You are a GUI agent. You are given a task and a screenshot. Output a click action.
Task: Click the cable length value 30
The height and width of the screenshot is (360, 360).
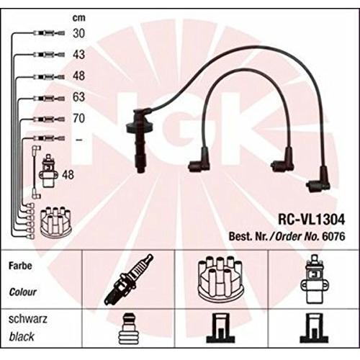coord(79,33)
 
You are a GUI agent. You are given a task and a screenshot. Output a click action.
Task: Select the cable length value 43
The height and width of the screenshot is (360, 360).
coord(79,55)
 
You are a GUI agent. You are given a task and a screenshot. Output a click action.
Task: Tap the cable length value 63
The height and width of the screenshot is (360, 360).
coord(79,97)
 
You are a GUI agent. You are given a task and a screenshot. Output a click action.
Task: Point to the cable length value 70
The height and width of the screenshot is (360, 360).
coord(79,118)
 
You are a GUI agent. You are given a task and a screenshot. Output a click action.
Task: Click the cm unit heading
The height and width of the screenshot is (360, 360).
coord(79,18)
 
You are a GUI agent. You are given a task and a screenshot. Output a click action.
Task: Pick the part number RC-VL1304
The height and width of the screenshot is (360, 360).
coord(311,219)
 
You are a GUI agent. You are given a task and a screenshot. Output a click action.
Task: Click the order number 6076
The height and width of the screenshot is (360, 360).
coord(333,237)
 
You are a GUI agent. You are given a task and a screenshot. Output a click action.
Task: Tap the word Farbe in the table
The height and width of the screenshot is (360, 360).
coord(20,266)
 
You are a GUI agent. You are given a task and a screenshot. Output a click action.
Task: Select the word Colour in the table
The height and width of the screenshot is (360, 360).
coord(23,292)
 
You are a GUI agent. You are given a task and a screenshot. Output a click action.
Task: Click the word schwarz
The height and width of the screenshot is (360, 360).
coord(28,319)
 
